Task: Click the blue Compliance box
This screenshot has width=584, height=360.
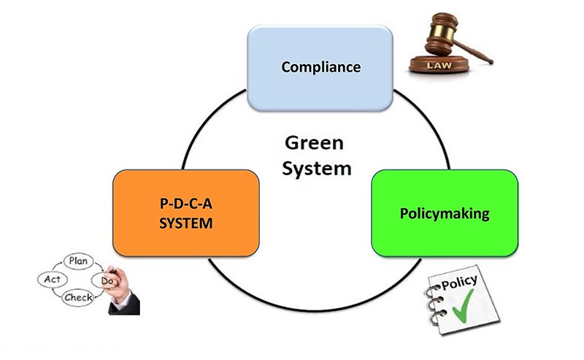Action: pos(320,68)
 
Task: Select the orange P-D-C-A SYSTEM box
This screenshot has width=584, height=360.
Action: pos(186,213)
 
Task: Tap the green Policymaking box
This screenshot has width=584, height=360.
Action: pos(445,213)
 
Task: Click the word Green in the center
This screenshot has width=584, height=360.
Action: pos(314,143)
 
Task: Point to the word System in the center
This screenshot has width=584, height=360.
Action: pos(317,169)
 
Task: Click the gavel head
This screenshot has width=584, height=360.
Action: pos(442,34)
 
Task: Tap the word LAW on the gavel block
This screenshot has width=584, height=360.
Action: pos(439,66)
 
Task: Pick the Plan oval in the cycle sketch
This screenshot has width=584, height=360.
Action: pos(78,261)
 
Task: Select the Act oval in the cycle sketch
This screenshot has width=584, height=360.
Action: pos(52,280)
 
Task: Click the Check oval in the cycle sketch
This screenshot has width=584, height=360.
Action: pos(78,297)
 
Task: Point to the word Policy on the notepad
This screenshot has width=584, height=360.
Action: pos(460,282)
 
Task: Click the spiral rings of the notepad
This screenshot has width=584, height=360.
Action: pos(434,304)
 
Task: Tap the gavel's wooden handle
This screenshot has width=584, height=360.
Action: pos(472,51)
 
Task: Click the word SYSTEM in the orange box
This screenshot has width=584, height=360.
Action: pos(186,223)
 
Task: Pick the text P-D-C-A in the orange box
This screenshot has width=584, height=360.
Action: pos(186,204)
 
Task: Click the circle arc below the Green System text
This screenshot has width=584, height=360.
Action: pos(315,310)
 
